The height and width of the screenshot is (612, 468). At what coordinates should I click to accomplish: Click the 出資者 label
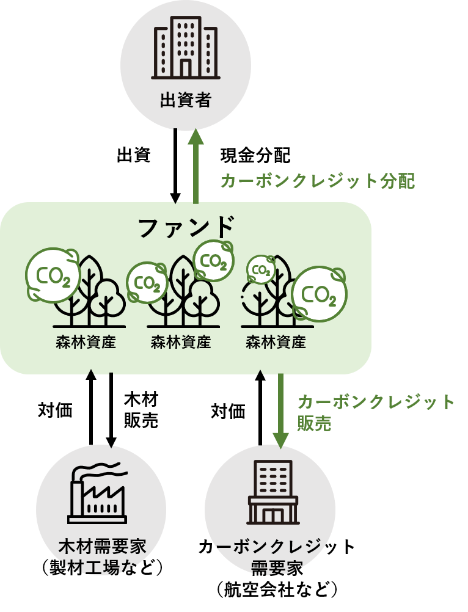click(x=185, y=100)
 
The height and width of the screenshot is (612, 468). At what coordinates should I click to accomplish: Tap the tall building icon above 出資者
click(x=185, y=48)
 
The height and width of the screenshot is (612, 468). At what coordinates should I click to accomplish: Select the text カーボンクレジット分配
click(x=317, y=181)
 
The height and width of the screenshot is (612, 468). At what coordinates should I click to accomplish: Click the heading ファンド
click(x=186, y=227)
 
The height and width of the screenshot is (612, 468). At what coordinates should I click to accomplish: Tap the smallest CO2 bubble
click(x=261, y=269)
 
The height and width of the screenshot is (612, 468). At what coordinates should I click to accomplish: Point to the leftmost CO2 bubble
click(x=53, y=276)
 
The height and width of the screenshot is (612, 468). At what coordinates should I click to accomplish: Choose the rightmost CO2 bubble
click(x=318, y=294)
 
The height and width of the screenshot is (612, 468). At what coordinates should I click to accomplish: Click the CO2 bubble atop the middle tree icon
click(x=214, y=260)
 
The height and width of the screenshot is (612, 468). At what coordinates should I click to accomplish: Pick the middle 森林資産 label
click(x=180, y=342)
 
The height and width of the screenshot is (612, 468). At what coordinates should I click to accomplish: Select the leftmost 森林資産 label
click(x=86, y=342)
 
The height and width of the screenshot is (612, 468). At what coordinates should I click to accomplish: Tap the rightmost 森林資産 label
click(x=276, y=342)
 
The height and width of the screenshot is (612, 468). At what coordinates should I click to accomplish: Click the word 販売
click(x=314, y=423)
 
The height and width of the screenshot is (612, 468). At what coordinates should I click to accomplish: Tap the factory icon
click(x=97, y=498)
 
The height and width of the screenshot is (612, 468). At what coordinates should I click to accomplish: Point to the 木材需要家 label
click(x=102, y=545)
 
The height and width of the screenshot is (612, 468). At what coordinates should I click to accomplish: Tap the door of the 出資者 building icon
click(x=185, y=67)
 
